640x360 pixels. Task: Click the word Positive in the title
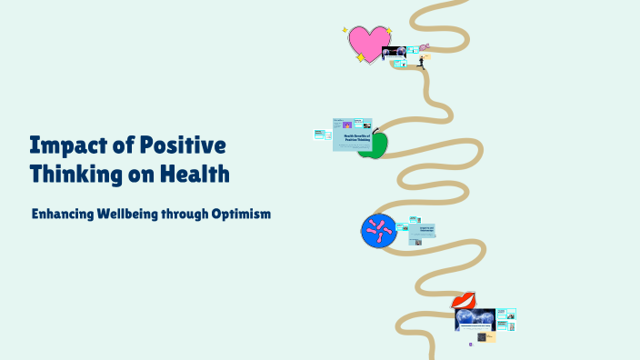(x=178, y=145)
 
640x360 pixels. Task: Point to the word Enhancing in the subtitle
(x=63, y=215)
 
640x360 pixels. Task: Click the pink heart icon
(x=368, y=43)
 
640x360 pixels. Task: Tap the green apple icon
(x=374, y=145)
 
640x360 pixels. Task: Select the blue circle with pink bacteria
(x=379, y=231)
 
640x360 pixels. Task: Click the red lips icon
(x=465, y=299)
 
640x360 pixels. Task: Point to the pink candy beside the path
(x=425, y=47)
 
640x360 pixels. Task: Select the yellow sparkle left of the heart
(x=346, y=30)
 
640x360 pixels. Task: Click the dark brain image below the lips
(x=475, y=319)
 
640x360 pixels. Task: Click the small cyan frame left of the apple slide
(x=320, y=135)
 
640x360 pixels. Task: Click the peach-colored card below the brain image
(x=490, y=335)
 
